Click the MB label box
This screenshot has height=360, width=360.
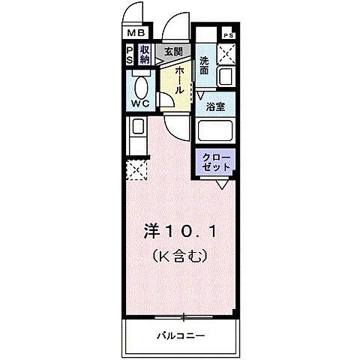[x=136, y=34]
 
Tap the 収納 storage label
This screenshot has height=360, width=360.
[x=145, y=55]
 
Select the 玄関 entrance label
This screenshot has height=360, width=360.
[x=174, y=51]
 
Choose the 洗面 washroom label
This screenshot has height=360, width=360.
[x=205, y=65]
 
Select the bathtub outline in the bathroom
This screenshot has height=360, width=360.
[x=217, y=130]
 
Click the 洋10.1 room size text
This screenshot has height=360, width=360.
[x=180, y=232]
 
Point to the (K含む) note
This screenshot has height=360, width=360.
[x=180, y=255]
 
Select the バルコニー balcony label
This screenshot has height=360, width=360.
[x=181, y=334]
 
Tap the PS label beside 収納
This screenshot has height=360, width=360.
[x=130, y=55]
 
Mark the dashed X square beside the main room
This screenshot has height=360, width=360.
[x=136, y=169]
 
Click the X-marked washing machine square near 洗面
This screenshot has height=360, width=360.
[x=226, y=54]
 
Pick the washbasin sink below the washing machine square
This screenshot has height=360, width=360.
[x=225, y=77]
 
